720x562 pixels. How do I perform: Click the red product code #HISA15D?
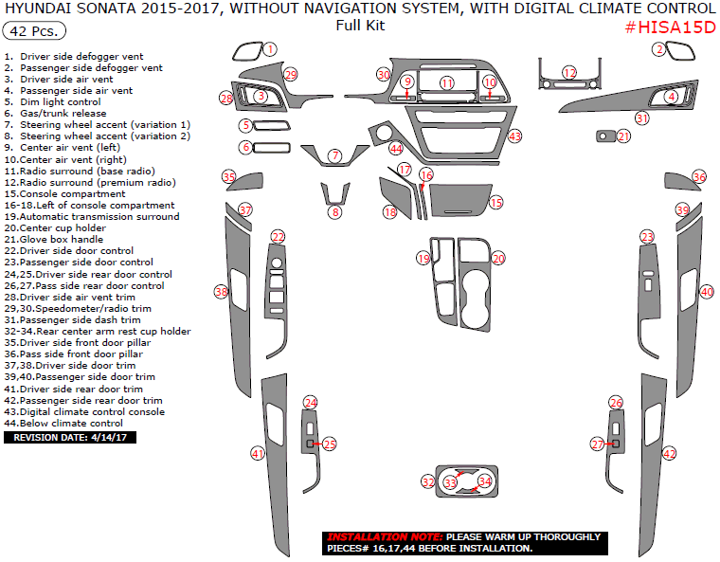tap(670, 27)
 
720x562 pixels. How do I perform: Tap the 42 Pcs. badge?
tap(34, 30)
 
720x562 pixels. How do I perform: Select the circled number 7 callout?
tap(335, 155)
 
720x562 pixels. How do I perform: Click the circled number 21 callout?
tap(623, 136)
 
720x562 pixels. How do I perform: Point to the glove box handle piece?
tap(605, 136)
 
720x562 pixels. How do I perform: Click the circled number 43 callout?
tap(514, 136)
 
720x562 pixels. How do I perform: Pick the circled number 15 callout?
tap(495, 202)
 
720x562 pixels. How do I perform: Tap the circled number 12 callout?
tap(569, 73)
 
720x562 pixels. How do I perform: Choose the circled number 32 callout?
tap(428, 482)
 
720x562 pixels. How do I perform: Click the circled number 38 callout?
tap(222, 291)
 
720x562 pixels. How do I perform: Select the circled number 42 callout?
tap(669, 454)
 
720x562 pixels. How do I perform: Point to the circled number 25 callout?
tap(330, 444)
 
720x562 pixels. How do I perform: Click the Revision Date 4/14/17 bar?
tap(70, 438)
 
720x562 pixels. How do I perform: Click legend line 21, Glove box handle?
tap(54, 240)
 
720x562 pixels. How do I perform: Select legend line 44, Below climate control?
tap(63, 424)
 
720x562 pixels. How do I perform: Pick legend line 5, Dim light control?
tap(52, 102)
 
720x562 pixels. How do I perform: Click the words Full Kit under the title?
tap(360, 26)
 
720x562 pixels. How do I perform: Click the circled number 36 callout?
tap(699, 177)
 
